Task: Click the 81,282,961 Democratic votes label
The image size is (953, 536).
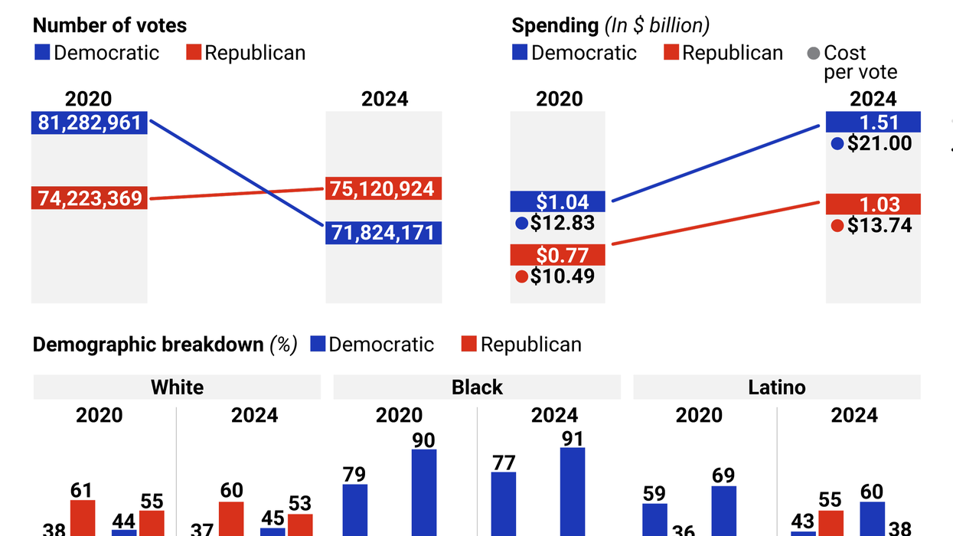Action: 90,123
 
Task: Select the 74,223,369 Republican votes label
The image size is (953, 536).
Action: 90,198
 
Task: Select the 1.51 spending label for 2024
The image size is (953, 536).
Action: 873,122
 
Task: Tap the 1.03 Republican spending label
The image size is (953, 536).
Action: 873,204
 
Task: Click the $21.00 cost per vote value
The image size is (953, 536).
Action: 880,143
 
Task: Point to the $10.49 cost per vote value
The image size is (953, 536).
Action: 562,276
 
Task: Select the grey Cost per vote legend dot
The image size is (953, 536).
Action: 813,54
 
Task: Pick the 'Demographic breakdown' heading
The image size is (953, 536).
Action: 148,345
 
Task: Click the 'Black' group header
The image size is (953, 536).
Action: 477,387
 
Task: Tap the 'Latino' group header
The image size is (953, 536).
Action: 776,387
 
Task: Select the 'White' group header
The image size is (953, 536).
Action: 177,387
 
